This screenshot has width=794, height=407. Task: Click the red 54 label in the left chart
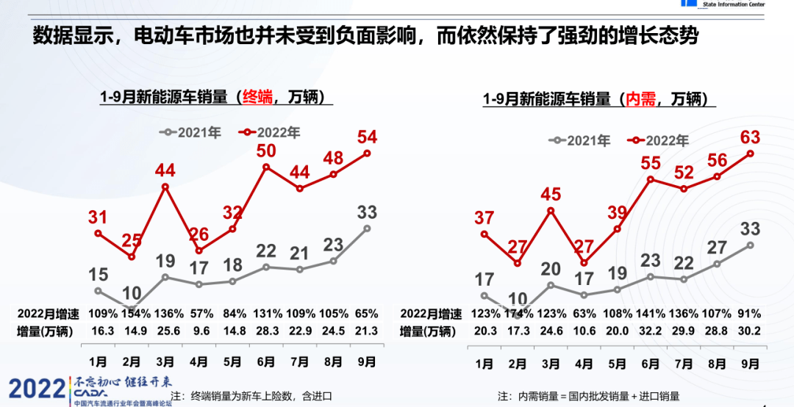click(367, 136)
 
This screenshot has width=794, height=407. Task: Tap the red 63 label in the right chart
click(750, 137)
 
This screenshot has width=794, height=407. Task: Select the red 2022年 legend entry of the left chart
click(269, 132)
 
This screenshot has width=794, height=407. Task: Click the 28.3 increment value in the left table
click(266, 331)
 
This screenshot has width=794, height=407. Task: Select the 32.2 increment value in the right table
click(650, 331)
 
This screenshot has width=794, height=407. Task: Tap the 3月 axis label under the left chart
click(165, 362)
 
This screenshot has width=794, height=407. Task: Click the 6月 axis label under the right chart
click(650, 362)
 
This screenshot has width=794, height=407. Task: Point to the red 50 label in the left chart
click(266, 151)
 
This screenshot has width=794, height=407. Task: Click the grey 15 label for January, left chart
click(98, 275)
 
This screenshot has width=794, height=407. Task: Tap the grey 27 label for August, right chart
click(717, 248)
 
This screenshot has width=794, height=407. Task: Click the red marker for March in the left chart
click(165, 187)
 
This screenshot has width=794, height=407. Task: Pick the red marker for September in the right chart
click(751, 154)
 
